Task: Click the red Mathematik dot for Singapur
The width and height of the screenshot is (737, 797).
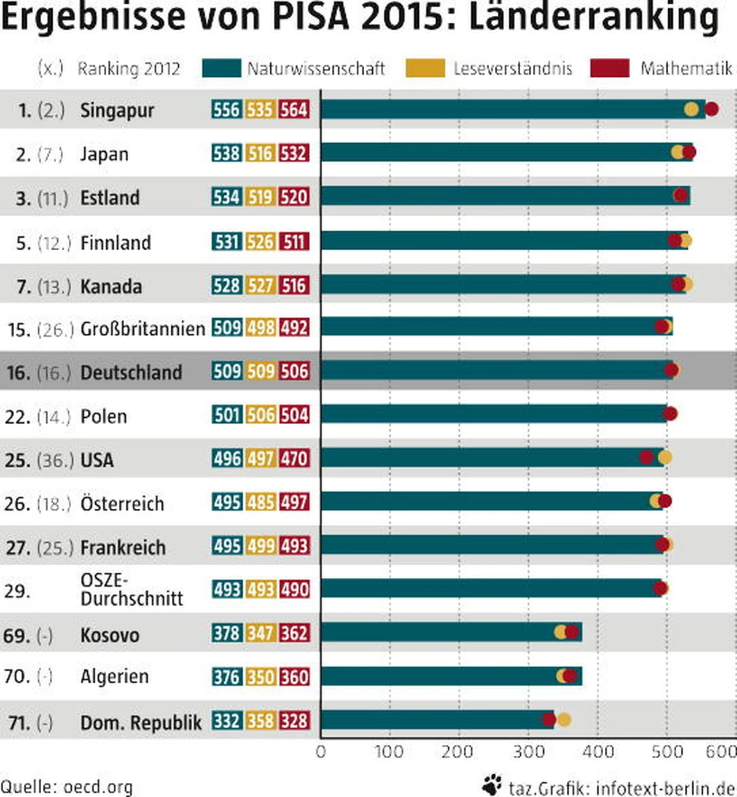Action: [711, 109]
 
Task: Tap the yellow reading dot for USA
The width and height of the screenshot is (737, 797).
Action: [665, 457]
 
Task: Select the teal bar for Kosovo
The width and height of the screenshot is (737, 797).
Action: [451, 632]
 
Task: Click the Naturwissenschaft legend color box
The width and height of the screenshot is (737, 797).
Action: [221, 68]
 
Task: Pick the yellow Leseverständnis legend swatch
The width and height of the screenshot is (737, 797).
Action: [425, 68]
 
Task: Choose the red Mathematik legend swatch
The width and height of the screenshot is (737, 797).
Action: [609, 68]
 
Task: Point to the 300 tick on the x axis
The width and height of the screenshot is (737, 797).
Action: [528, 752]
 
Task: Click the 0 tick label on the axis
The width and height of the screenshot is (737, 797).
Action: [321, 752]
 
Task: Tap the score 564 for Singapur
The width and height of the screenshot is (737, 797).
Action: [294, 110]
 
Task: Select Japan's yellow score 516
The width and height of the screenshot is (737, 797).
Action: [260, 153]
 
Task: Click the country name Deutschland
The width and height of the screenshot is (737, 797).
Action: [131, 372]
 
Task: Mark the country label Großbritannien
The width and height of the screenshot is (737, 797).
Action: [142, 329]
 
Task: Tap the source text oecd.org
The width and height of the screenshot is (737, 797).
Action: [98, 787]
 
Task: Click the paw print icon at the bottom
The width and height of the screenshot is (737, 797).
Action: [491, 785]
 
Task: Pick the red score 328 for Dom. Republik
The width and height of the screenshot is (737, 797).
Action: [294, 721]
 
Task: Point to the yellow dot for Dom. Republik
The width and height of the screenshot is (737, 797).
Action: [564, 719]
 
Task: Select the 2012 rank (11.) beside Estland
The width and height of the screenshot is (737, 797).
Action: [52, 198]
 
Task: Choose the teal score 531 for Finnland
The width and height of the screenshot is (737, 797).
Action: [227, 241]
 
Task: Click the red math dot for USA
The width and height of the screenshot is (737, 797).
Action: [646, 457]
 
